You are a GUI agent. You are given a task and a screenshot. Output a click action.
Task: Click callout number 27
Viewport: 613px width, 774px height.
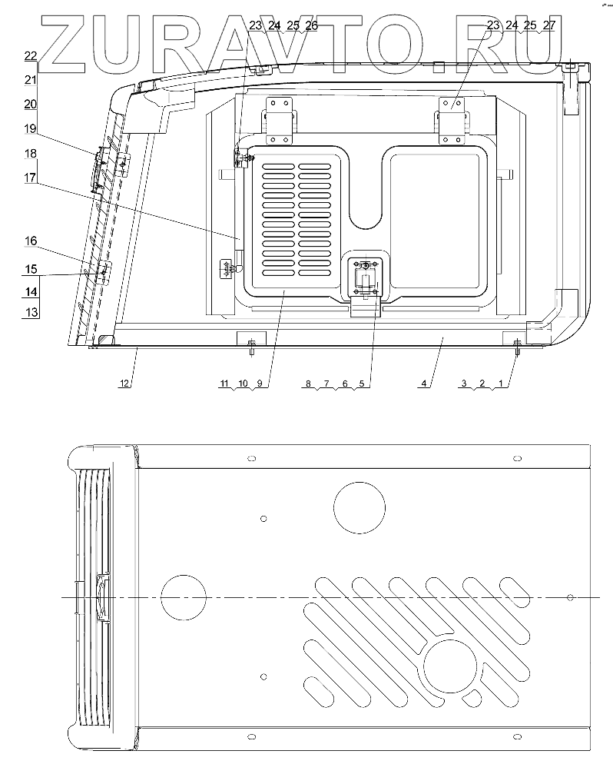click(549, 25)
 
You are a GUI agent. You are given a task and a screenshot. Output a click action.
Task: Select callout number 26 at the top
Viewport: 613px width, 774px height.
click(311, 25)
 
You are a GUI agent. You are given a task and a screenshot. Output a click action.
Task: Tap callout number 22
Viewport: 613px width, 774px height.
click(31, 56)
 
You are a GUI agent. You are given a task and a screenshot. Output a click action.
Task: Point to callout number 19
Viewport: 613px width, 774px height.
click(31, 129)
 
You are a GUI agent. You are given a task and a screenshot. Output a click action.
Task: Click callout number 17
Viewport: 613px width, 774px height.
click(31, 178)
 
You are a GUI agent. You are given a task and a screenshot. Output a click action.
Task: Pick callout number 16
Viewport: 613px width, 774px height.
click(31, 241)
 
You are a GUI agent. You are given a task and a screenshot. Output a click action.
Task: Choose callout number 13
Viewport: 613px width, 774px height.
click(31, 312)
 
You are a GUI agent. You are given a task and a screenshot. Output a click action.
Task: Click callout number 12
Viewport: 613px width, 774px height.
click(124, 383)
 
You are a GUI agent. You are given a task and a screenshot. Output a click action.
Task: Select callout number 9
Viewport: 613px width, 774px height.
click(260, 383)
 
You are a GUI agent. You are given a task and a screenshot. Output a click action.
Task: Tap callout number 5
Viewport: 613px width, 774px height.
click(362, 383)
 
